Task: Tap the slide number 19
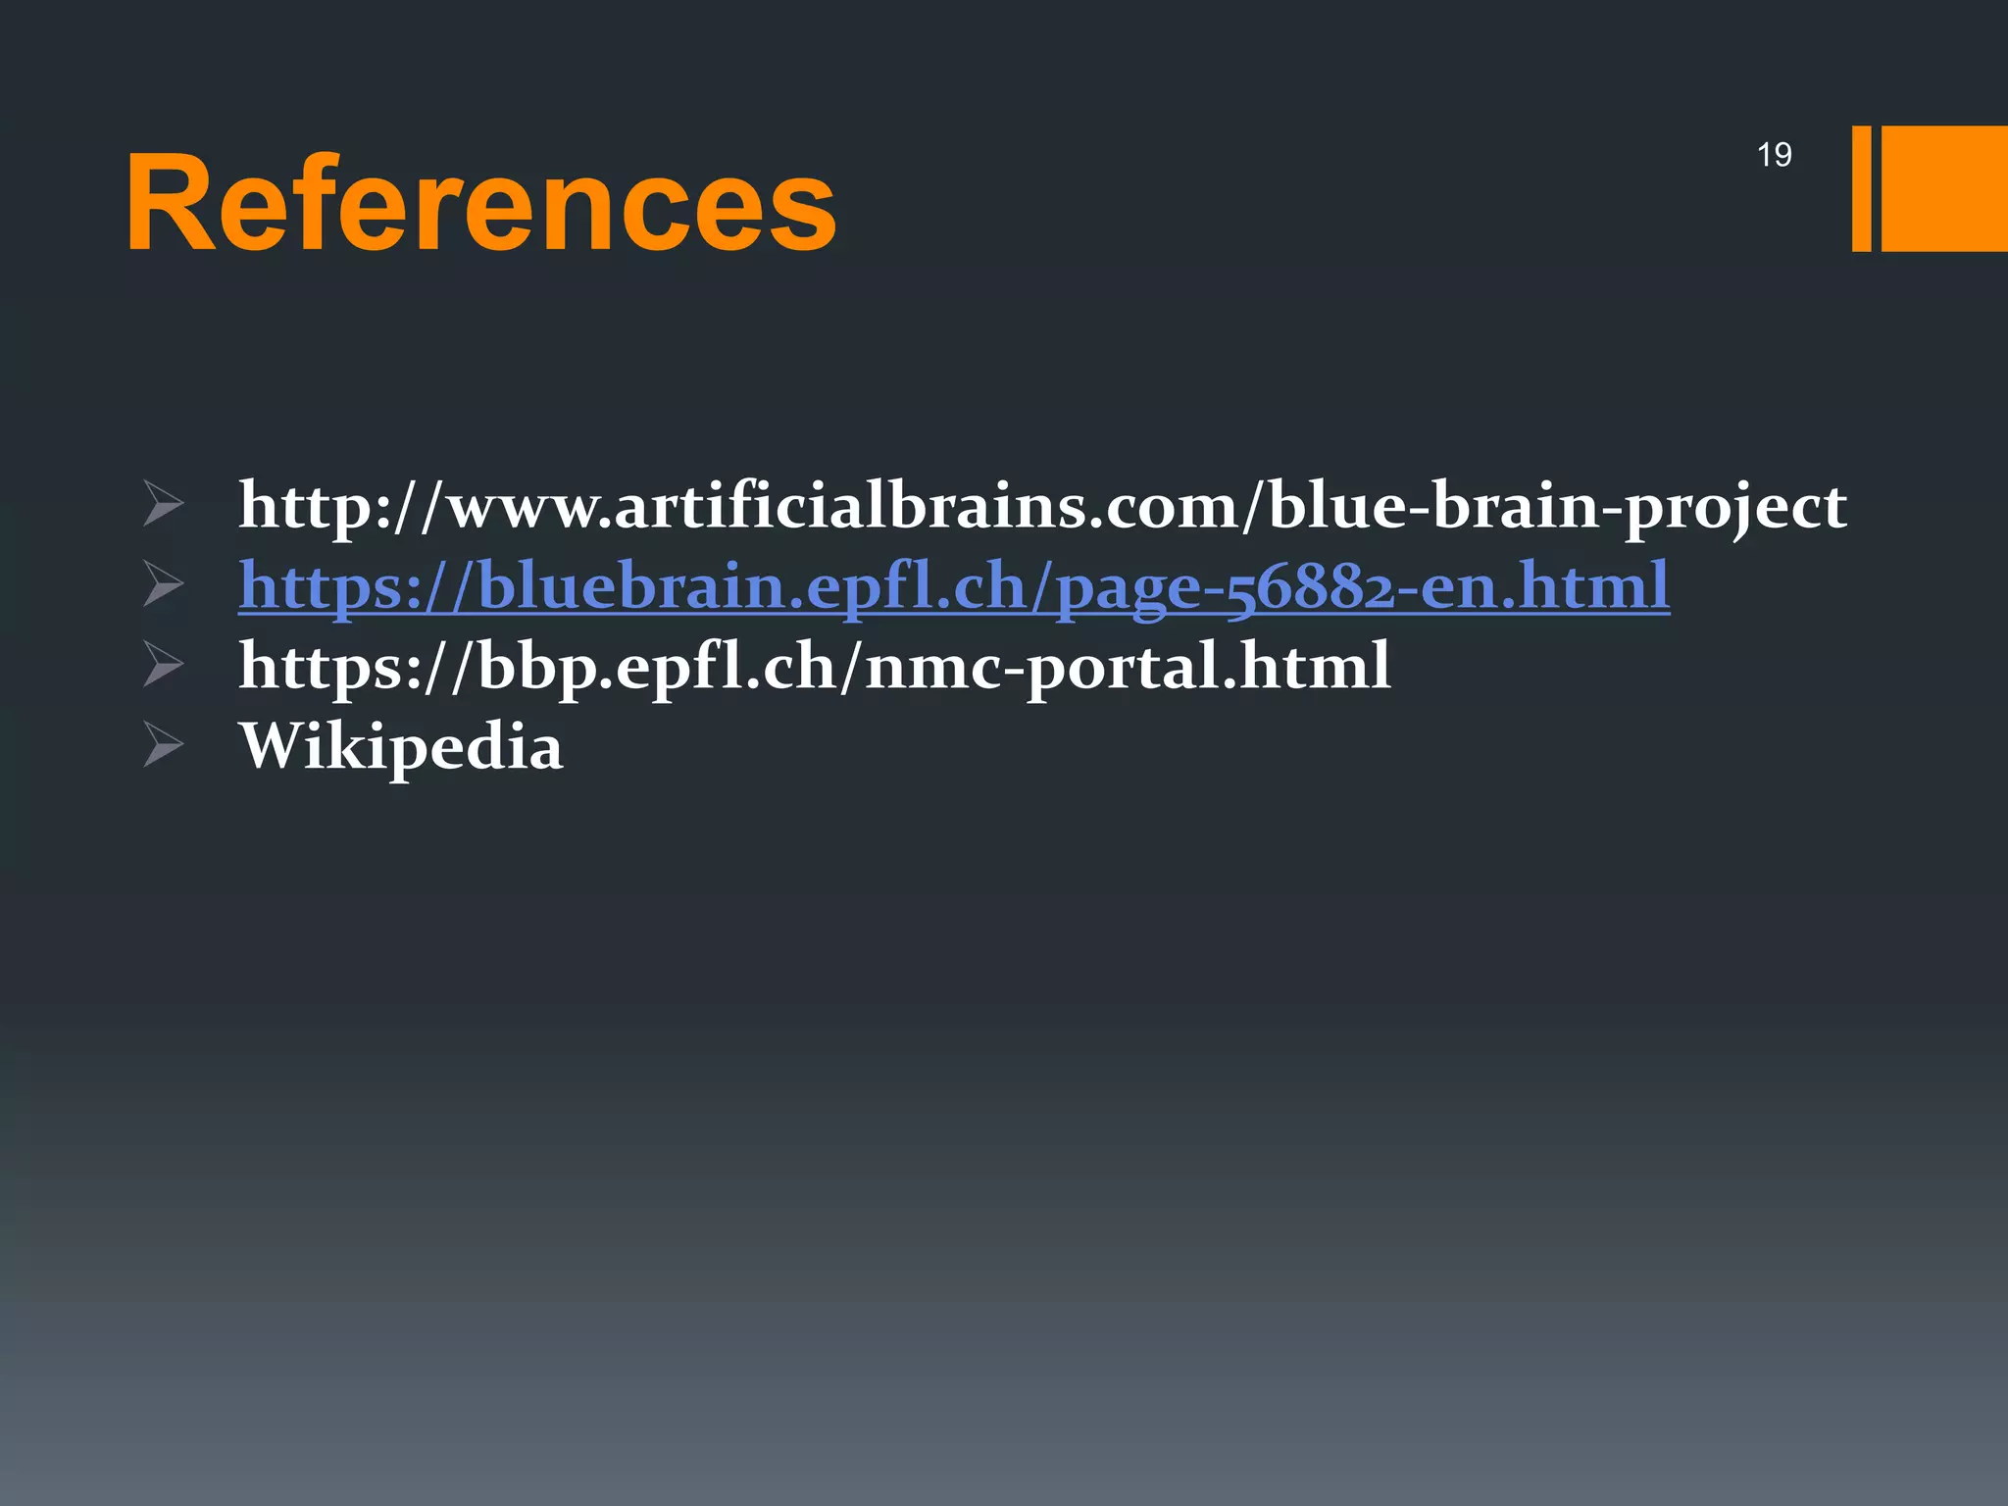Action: pos(1774,155)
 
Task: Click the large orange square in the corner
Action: pos(1944,188)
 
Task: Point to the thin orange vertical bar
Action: pos(1861,188)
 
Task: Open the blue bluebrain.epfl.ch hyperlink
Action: pos(953,586)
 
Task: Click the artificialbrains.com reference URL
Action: pos(1042,506)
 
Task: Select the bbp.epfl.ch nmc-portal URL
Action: pos(814,667)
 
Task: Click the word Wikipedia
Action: pos(401,747)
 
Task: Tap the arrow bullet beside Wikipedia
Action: pos(163,744)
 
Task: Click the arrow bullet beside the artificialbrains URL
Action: pos(163,503)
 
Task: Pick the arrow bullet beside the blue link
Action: pos(163,583)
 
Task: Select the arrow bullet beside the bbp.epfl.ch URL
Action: pos(163,664)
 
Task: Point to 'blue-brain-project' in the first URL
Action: pos(1557,506)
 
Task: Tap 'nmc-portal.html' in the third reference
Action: pos(1128,667)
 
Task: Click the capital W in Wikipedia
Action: pos(276,745)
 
